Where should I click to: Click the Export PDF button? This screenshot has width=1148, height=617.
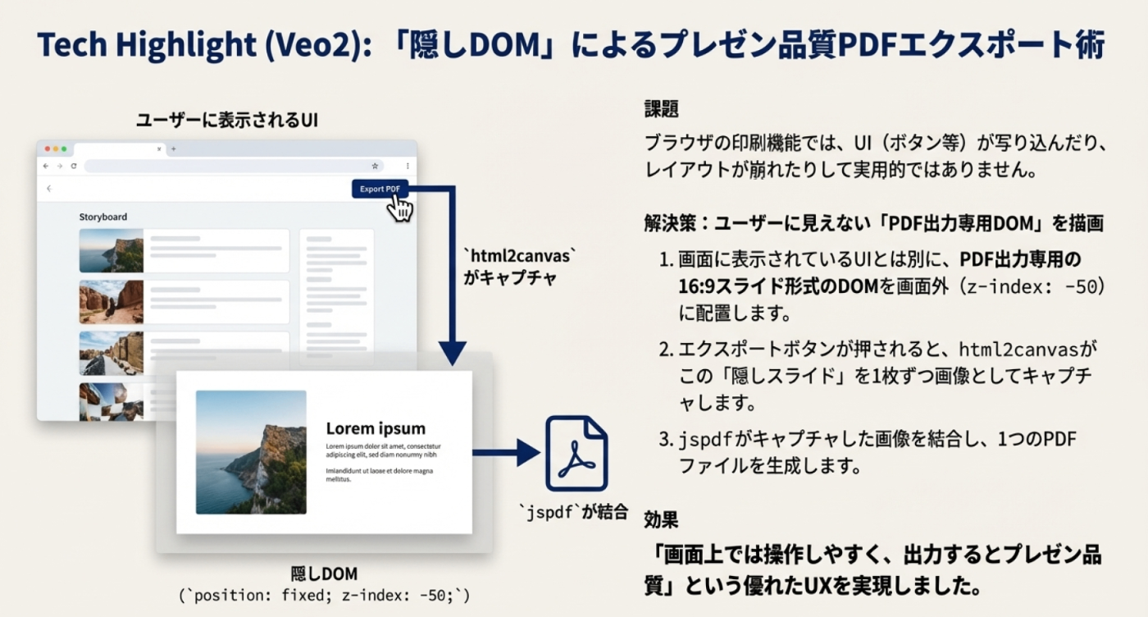click(379, 190)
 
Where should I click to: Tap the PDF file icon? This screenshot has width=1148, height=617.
click(576, 453)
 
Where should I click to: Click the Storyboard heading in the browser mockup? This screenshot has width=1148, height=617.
click(103, 217)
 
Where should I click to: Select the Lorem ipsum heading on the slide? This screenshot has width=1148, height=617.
click(376, 428)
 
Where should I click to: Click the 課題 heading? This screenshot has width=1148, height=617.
click(661, 108)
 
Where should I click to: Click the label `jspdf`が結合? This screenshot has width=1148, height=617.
click(573, 513)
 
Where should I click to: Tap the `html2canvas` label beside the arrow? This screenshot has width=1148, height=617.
click(521, 256)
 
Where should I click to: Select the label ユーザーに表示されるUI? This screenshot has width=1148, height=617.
click(226, 121)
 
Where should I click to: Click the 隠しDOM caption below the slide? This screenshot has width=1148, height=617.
click(325, 574)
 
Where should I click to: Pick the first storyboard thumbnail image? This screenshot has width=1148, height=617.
click(111, 250)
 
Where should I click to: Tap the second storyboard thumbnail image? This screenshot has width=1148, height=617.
click(111, 302)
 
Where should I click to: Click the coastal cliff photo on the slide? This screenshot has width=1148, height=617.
click(251, 452)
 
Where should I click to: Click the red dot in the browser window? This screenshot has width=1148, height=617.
click(48, 149)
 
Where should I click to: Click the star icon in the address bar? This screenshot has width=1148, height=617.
click(375, 166)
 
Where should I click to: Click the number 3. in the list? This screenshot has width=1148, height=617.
click(666, 440)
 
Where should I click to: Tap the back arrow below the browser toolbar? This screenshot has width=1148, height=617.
click(49, 189)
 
